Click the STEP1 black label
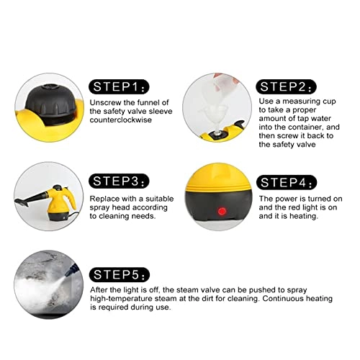(x=120, y=87)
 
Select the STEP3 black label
(x=120, y=180)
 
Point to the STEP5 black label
(x=120, y=274)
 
